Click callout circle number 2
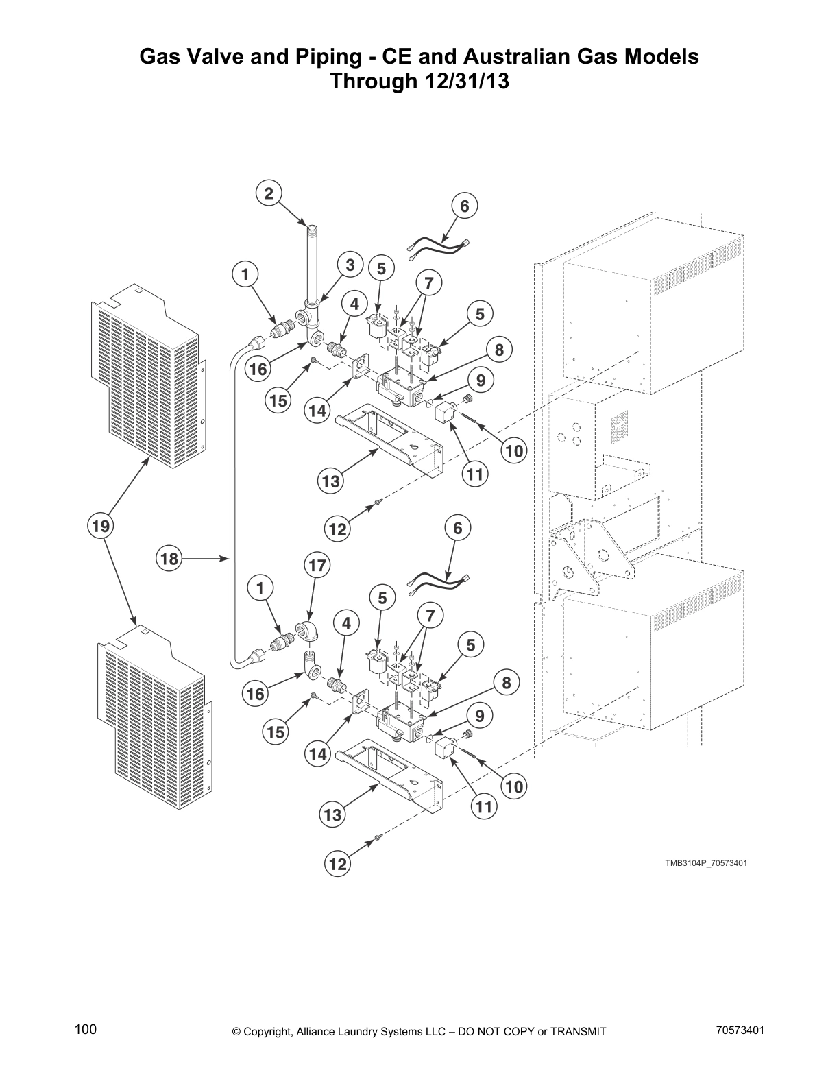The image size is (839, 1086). point(269,193)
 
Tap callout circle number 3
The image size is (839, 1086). point(350,265)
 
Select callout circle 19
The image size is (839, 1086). point(101,527)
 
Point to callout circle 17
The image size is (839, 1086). point(317,566)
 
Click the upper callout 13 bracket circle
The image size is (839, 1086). point(330,481)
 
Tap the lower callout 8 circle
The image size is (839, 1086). point(506,683)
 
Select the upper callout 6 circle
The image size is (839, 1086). point(464,206)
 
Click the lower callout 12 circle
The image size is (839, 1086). point(337,865)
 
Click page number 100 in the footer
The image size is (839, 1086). point(86,1030)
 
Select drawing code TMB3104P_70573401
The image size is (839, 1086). point(705,862)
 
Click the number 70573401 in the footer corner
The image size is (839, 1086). point(740,1030)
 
